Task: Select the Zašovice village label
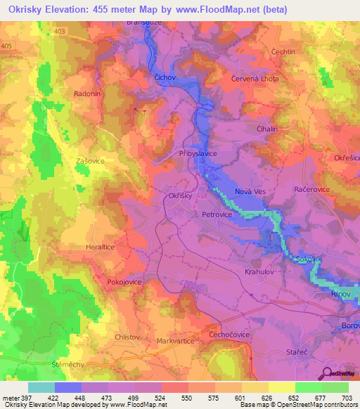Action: coord(90,161)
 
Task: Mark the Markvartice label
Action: coord(176,341)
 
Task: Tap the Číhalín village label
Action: coord(268,129)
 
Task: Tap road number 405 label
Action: coord(6,46)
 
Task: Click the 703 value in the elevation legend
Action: coord(347,398)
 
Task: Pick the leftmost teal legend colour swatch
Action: coord(41,387)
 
